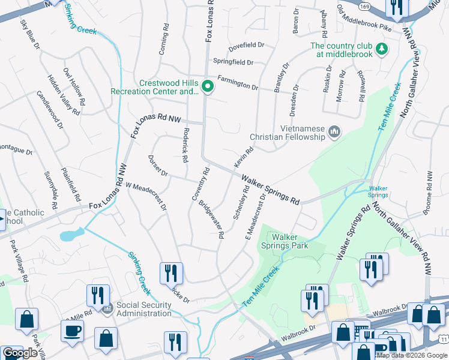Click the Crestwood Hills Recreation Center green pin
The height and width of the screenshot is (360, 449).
[208, 88]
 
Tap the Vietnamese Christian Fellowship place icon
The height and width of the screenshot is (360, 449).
[335, 131]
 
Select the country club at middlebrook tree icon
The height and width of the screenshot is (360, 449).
[380, 49]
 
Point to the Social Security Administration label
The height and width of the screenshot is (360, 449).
[144, 309]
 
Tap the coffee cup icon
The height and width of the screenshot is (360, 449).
[72, 331]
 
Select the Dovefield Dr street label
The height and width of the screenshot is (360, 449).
[247, 45]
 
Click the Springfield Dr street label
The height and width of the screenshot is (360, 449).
[234, 62]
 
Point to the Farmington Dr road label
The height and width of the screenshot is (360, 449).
[237, 83]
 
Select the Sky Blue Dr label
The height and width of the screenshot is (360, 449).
[29, 35]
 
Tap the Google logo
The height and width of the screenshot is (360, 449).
[20, 353]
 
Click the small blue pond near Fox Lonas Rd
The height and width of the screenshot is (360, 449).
[71, 235]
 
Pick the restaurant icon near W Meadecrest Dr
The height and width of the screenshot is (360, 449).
[171, 274]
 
